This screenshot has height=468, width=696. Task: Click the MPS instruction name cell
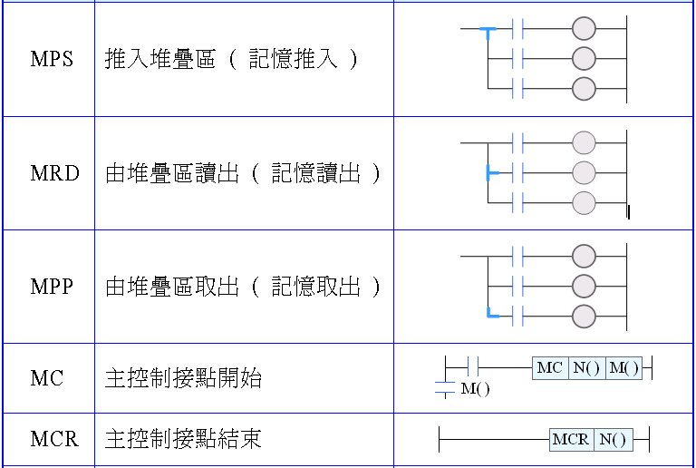pos(52,60)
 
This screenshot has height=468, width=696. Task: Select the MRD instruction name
pos(54,173)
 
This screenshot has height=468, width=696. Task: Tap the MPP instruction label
pos(52,287)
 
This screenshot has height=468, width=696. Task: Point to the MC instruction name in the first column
pos(47,377)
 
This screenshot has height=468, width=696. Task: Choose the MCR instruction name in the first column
pos(54,440)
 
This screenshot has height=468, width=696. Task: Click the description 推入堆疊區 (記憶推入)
pos(232,60)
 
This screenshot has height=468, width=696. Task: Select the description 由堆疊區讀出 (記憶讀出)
pos(243,173)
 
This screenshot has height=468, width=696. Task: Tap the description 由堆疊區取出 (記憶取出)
pos(243,287)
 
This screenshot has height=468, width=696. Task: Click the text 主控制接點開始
pos(184,378)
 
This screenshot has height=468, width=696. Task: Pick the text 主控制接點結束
pos(184,440)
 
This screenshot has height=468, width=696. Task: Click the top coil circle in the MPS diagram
pos(585,29)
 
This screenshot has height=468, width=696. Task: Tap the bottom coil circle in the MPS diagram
pos(585,88)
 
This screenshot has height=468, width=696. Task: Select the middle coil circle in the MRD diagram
pos(585,172)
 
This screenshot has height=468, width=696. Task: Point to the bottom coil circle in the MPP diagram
pos(585,316)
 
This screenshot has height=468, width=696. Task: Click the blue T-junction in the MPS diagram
pos(488,32)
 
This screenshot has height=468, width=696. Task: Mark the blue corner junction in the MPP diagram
pos(489,315)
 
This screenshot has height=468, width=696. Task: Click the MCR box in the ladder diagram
pos(572,440)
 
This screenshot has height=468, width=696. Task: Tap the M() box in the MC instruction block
pos(623,367)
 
